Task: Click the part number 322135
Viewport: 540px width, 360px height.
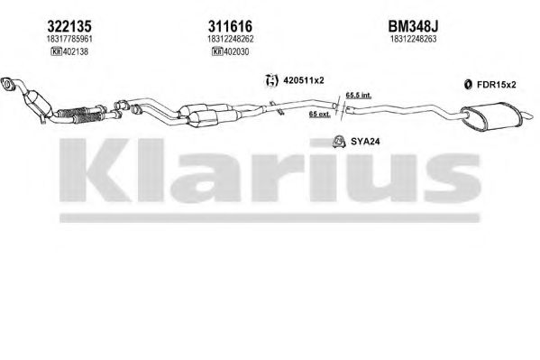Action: tap(69, 26)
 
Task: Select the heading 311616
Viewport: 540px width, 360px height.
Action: tap(230, 26)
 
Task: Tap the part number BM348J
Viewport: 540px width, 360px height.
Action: tap(413, 26)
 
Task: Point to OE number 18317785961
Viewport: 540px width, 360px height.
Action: tap(69, 39)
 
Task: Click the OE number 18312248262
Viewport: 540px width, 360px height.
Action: tap(231, 39)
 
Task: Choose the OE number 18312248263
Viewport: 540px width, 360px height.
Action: tap(413, 39)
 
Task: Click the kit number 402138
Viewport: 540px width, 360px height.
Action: tap(75, 51)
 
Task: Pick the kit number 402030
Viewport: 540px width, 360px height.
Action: tap(236, 51)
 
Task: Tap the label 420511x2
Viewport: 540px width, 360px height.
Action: tap(304, 80)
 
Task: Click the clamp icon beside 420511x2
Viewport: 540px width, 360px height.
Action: tap(271, 80)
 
